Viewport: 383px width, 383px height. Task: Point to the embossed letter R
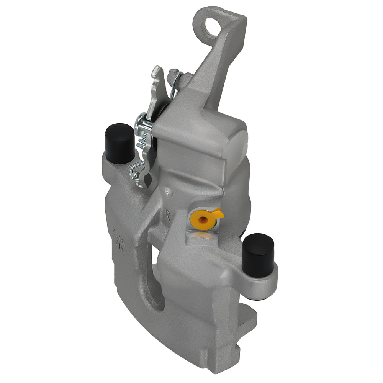click(167, 215)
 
